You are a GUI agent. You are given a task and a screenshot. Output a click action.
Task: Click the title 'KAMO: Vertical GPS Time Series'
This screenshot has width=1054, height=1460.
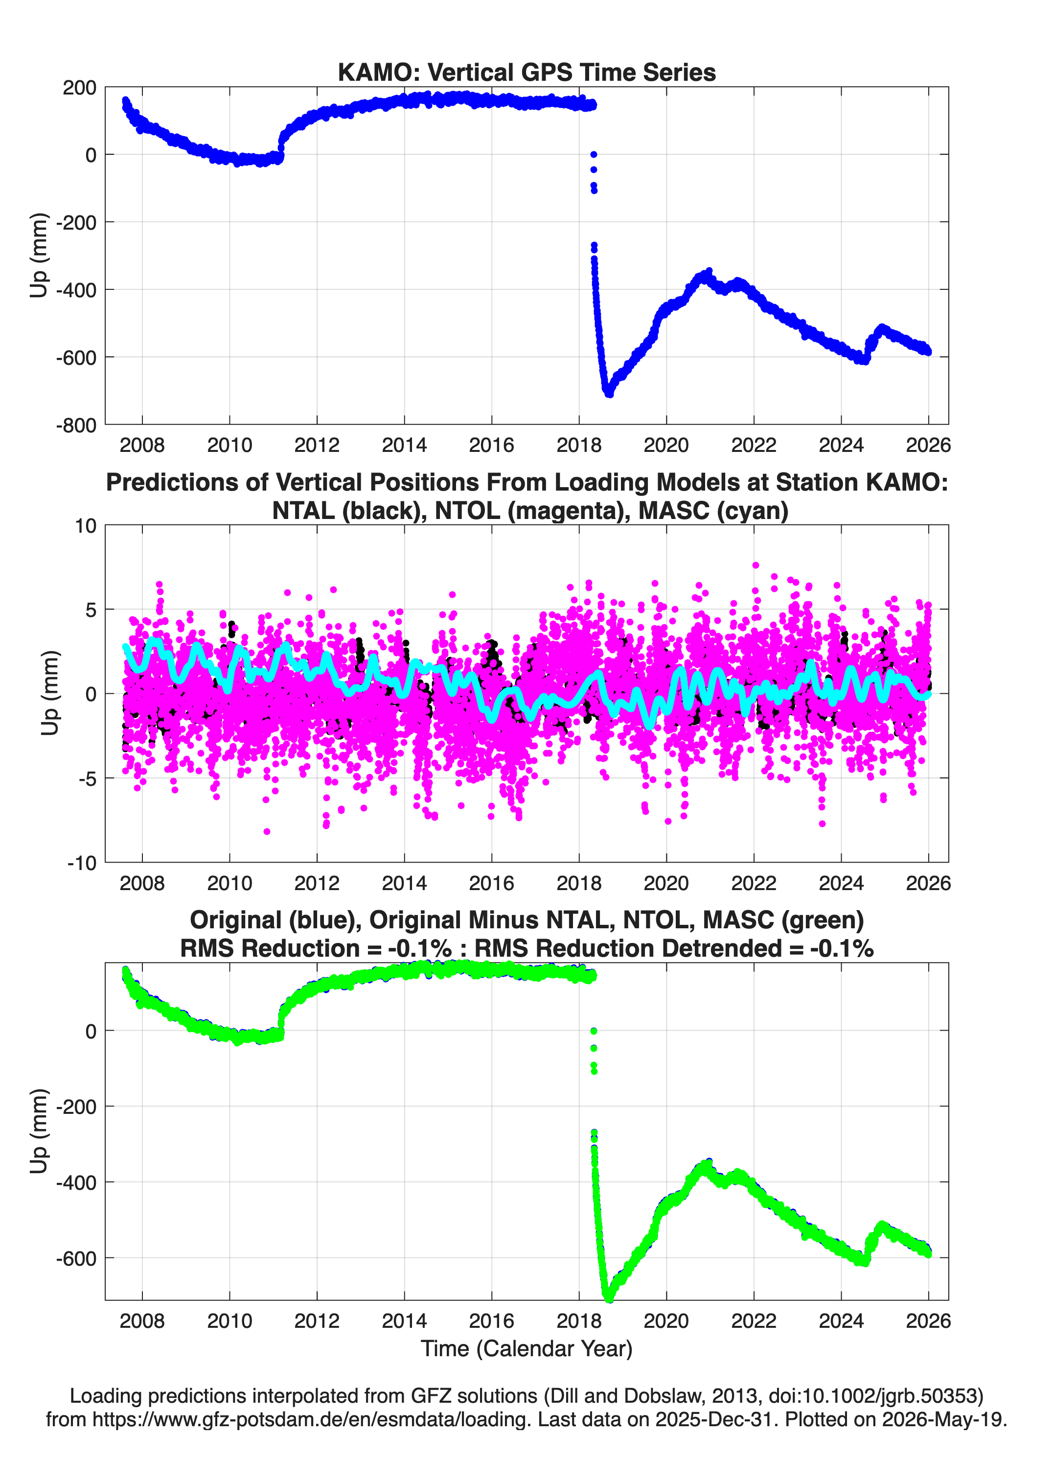pos(527,72)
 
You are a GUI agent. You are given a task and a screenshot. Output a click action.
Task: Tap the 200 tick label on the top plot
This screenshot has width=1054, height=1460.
pos(79,88)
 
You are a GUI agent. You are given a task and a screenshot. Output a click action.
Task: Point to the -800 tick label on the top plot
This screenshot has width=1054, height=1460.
pos(75,425)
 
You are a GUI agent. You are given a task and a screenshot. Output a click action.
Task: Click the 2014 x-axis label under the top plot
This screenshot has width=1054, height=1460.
pos(404,445)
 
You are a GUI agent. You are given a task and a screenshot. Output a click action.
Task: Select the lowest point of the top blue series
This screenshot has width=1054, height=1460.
pos(609,393)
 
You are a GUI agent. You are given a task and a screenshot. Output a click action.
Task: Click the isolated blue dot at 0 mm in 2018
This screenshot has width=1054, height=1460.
pos(593,155)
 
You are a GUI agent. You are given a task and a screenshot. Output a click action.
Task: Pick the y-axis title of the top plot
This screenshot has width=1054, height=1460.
pos(39,256)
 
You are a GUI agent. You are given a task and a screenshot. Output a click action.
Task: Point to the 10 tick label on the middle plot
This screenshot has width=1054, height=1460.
pos(86,526)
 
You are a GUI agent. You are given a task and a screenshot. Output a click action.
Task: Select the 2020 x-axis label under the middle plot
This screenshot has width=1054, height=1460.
pos(666,883)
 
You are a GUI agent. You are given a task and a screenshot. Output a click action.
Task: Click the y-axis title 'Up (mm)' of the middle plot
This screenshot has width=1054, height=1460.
pos(50,693)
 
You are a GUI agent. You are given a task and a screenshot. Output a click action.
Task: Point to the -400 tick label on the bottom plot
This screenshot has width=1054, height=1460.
pos(75,1182)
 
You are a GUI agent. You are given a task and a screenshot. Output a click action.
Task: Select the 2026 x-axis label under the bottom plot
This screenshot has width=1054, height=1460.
pos(928,1321)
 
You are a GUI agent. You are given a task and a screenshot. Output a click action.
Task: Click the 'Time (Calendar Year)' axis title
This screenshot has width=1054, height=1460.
pos(527,1349)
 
